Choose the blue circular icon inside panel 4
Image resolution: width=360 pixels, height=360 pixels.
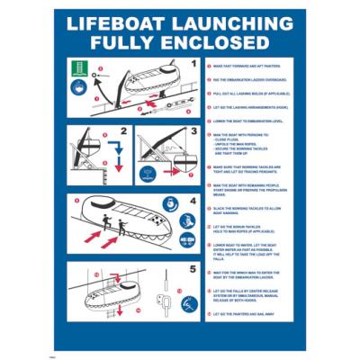coord(188,243)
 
